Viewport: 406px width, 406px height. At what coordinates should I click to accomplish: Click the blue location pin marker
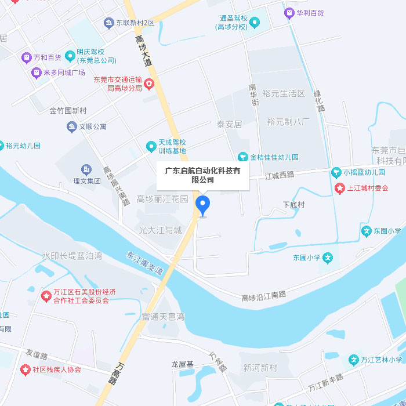pyautogui.click(x=202, y=205)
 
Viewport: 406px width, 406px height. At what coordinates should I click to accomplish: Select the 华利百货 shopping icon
pyautogui.click(x=289, y=13)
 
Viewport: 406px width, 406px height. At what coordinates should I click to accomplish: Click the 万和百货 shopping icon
pyautogui.click(x=26, y=57)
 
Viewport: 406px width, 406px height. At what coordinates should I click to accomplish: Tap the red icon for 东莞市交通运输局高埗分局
pyautogui.click(x=149, y=84)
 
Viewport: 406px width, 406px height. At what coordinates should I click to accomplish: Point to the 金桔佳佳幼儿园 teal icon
pyautogui.click(x=243, y=157)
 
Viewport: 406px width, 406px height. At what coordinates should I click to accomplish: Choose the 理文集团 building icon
pyautogui.click(x=86, y=169)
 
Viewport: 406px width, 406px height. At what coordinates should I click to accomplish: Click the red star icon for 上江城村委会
pyautogui.click(x=340, y=188)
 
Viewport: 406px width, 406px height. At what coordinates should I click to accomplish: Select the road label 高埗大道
pyautogui.click(x=143, y=50)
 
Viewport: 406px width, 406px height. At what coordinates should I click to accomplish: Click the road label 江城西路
pyautogui.click(x=280, y=175)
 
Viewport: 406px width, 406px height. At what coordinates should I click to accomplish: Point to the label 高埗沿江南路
pyautogui.click(x=264, y=296)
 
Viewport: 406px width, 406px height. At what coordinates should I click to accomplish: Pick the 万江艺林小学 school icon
pyautogui.click(x=353, y=360)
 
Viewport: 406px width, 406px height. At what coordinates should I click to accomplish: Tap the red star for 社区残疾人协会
pyautogui.click(x=25, y=369)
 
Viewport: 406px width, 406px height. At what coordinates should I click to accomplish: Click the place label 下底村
pyautogui.click(x=293, y=205)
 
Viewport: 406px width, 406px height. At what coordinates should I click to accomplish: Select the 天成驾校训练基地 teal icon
pyautogui.click(x=151, y=147)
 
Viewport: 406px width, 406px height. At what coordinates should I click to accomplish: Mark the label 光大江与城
pyautogui.click(x=160, y=230)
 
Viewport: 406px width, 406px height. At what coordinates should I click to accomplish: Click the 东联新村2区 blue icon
pyautogui.click(x=108, y=23)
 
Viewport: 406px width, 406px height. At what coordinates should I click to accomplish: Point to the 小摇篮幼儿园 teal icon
pyautogui.click(x=336, y=172)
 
